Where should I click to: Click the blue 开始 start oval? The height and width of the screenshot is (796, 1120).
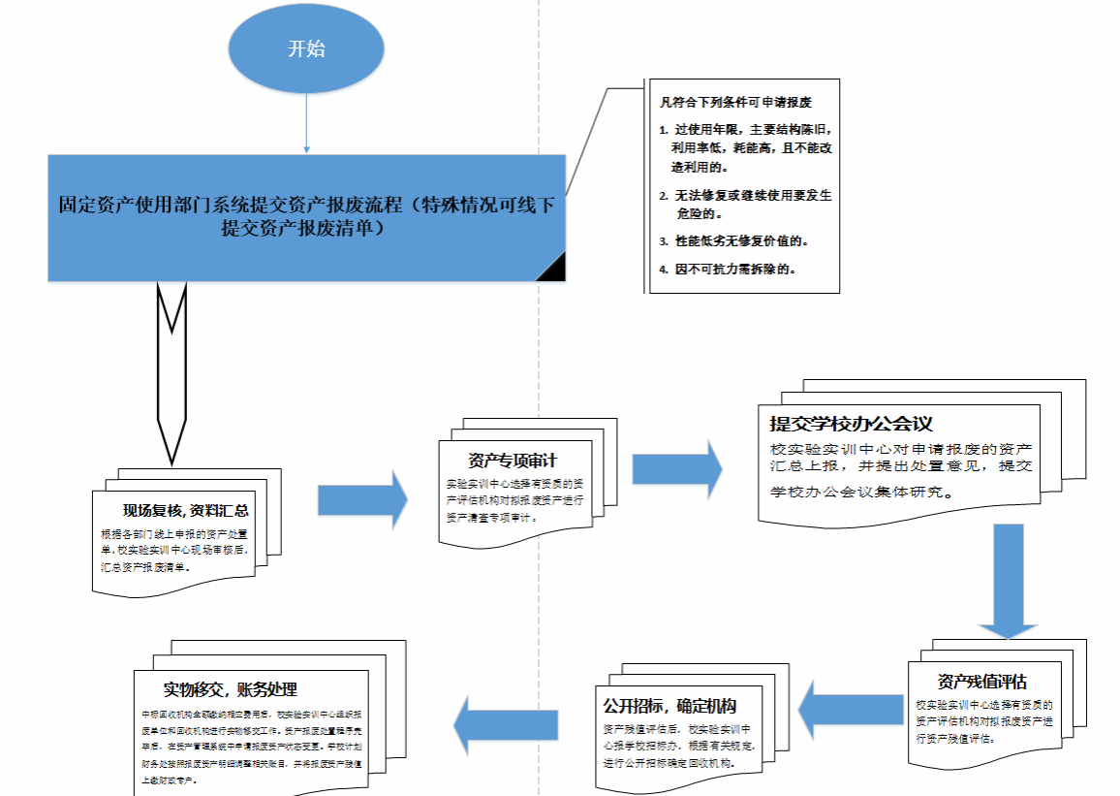[306, 48]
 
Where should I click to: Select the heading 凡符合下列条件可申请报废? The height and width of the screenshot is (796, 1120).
[733, 102]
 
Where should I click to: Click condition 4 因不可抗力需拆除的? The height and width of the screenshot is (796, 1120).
[733, 269]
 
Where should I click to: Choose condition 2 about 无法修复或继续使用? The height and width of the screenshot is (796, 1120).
[745, 204]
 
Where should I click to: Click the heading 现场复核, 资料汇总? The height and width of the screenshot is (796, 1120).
[185, 511]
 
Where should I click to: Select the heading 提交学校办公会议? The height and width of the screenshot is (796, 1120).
[851, 424]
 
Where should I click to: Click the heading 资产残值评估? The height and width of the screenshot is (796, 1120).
[981, 681]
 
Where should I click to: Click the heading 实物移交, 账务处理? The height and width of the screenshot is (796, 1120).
[230, 689]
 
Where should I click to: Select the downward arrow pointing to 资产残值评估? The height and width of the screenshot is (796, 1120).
[1008, 582]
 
